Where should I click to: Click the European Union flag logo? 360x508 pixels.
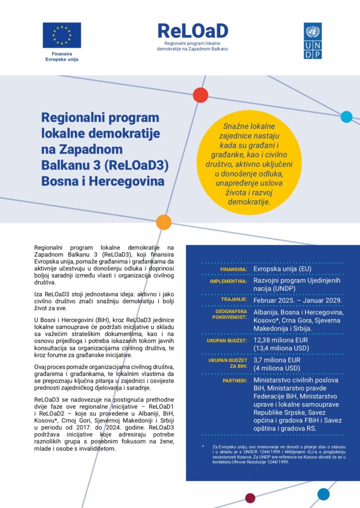click(62, 35)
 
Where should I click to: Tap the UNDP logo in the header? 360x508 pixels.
click(312, 41)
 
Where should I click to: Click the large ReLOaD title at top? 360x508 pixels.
click(193, 31)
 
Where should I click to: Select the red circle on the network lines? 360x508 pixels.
click(200, 95)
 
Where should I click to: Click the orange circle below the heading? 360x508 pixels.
click(164, 222)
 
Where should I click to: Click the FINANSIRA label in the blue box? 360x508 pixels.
click(234, 270)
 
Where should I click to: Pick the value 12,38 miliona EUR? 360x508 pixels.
click(281, 340)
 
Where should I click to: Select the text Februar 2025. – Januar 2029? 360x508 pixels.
click(296, 300)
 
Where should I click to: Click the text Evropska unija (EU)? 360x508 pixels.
click(282, 269)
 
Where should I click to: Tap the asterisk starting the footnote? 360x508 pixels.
click(203, 446)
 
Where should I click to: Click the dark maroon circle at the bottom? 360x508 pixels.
click(250, 498)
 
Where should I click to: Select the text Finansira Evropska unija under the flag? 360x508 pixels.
click(62, 56)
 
